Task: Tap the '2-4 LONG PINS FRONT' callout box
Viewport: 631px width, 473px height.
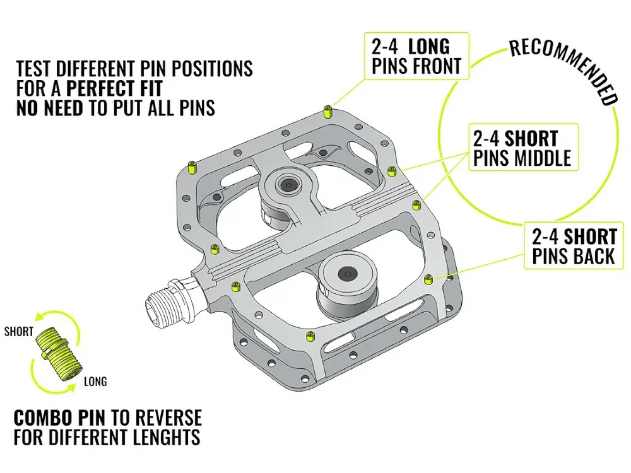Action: pyautogui.click(x=416, y=56)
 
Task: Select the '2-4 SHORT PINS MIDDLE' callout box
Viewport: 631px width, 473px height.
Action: pyautogui.click(x=522, y=148)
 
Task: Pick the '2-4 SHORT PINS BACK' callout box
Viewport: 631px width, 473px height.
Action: pyautogui.click(x=574, y=247)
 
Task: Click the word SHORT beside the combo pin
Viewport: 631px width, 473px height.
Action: pyautogui.click(x=18, y=332)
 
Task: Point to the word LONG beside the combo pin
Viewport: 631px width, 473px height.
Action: pyautogui.click(x=95, y=381)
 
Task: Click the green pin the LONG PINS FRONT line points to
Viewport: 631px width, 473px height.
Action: pyautogui.click(x=327, y=113)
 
